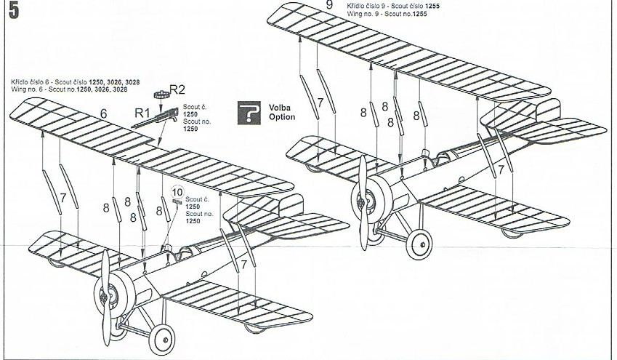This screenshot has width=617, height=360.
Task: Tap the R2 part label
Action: click(177, 89)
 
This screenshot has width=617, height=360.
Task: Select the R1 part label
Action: click(142, 113)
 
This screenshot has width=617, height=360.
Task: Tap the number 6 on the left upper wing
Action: click(103, 113)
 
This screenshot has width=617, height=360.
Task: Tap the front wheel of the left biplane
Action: click(161, 339)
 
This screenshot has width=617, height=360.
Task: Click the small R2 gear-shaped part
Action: click(161, 94)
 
